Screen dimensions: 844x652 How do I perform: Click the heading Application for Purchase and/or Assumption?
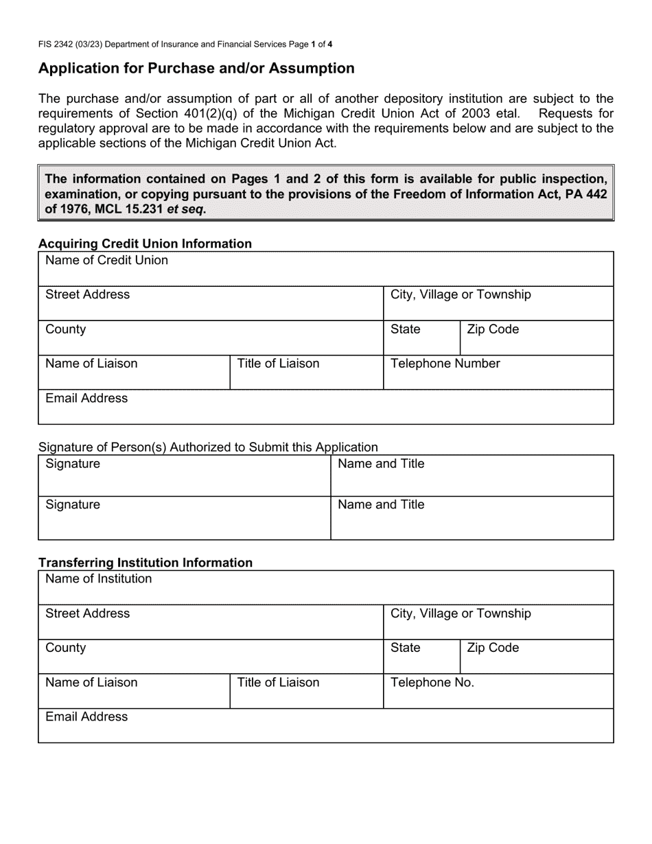(196, 69)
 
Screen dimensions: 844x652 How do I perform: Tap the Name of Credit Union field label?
(106, 261)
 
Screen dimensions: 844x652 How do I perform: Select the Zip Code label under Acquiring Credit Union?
(493, 329)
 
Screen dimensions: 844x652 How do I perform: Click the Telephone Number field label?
(445, 364)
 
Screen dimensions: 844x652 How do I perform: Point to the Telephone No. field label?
(432, 683)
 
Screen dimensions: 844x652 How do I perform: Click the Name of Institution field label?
(98, 579)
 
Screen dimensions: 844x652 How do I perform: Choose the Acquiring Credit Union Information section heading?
(145, 244)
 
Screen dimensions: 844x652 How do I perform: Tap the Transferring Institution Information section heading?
(145, 563)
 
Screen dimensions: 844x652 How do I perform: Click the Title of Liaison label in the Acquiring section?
(278, 364)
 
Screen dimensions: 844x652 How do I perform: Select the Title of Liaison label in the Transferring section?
(278, 683)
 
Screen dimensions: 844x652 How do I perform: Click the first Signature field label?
(72, 464)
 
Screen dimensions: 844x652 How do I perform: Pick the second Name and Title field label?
(381, 505)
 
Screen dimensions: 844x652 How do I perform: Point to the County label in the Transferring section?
(65, 648)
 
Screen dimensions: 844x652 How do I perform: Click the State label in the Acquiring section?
(405, 329)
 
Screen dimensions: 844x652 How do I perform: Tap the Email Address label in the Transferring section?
(86, 717)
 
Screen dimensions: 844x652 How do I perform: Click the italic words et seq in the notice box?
(185, 209)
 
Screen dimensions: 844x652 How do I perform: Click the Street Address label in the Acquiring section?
(87, 295)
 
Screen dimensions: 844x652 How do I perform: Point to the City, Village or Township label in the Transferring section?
(461, 613)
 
